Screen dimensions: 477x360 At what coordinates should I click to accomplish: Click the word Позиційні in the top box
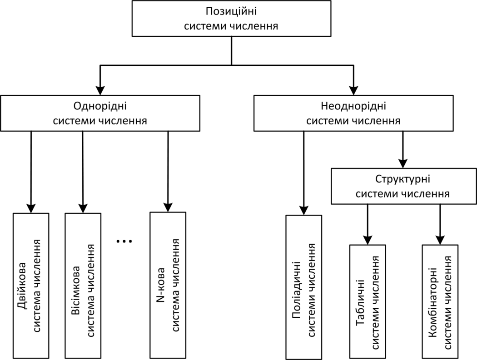(x=231, y=11)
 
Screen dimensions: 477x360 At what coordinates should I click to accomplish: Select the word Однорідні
(x=100, y=106)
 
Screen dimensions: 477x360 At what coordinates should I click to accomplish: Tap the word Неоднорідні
(x=353, y=106)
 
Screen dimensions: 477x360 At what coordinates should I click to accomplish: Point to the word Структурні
(x=403, y=179)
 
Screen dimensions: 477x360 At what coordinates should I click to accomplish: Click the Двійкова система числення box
(x=31, y=286)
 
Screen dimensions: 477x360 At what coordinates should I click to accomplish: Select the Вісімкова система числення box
(x=83, y=286)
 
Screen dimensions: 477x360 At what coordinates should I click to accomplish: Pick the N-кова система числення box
(x=168, y=285)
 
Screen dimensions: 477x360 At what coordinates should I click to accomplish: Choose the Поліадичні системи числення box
(x=304, y=287)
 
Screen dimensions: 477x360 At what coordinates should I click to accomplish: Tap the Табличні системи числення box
(x=368, y=301)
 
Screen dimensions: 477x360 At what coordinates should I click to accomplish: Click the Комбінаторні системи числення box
(x=440, y=301)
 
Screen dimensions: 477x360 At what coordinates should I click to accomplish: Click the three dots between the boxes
(x=124, y=242)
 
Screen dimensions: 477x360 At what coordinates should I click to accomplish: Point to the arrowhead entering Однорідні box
(x=100, y=90)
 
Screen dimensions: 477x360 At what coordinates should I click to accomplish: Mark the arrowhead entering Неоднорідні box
(x=353, y=90)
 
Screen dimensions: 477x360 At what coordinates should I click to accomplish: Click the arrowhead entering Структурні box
(x=403, y=163)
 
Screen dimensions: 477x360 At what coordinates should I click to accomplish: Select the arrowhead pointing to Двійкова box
(x=31, y=208)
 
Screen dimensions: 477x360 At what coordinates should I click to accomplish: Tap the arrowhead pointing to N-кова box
(x=168, y=207)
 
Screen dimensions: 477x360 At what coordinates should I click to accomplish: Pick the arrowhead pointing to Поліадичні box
(x=304, y=210)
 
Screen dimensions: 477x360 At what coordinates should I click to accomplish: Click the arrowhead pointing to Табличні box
(x=368, y=240)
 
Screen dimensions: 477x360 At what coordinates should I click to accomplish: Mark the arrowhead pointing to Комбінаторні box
(x=440, y=240)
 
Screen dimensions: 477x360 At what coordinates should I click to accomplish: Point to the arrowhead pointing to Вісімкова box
(x=83, y=208)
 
